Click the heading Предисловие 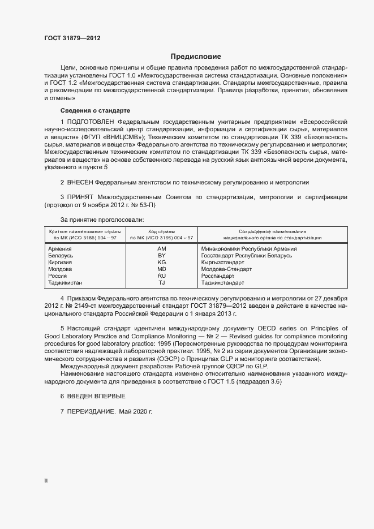[x=196, y=57]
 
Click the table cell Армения [x=59, y=248]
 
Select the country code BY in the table [x=161, y=256]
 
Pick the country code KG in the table [x=161, y=263]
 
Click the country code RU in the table [x=161, y=276]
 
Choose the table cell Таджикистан [x=65, y=283]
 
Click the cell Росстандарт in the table [x=218, y=276]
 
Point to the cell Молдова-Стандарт [x=226, y=269]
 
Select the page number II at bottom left [x=46, y=481]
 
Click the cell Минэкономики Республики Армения [x=249, y=248]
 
